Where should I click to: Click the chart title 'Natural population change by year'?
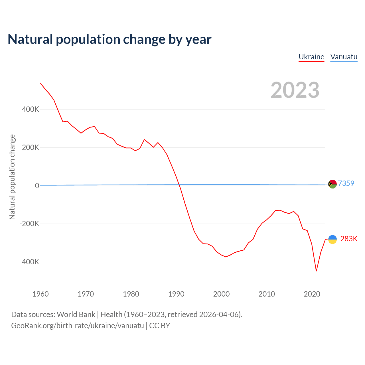point(109,39)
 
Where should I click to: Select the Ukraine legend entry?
point(311,57)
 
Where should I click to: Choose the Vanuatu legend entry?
point(344,57)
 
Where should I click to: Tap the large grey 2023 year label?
point(295,90)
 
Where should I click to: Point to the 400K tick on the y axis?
point(30,109)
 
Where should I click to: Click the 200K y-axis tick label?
point(30,147)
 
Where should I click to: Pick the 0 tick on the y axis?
point(37,186)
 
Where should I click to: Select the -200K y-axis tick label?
point(29,224)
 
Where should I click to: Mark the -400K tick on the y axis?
point(29,262)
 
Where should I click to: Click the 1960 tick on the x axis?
point(40,294)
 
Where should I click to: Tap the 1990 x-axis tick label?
point(176,294)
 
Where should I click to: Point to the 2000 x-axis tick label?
point(221,294)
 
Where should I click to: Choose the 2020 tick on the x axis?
point(312,294)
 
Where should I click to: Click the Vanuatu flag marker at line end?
point(332,184)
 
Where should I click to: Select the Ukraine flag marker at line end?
point(332,240)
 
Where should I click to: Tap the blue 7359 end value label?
point(346,183)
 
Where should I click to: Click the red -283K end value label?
point(348,239)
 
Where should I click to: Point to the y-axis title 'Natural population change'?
point(12,177)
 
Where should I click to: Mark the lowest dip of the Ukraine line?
point(316,271)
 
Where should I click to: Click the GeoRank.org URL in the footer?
point(78,326)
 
